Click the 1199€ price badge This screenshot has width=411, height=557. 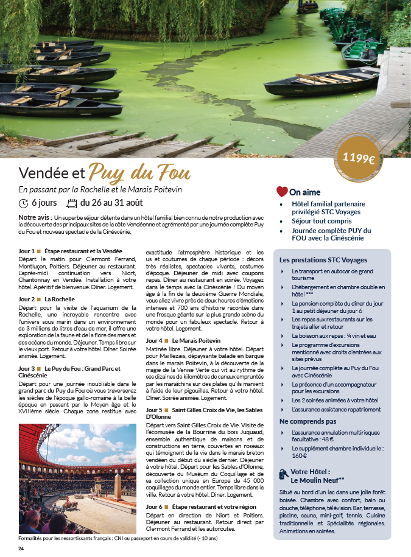coord(359,159)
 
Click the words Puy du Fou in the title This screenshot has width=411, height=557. coord(139,172)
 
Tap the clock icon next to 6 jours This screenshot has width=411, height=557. coord(24,203)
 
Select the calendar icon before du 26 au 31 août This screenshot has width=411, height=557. coord(71,203)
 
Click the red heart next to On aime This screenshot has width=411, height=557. coord(282,192)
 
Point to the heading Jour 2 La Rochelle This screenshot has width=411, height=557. coord(47,300)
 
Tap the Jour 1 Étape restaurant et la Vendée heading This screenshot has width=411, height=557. coord(70,251)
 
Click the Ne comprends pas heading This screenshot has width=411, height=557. coord(308,421)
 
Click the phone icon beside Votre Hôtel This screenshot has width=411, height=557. coord(283,474)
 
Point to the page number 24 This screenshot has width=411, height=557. coord(21,549)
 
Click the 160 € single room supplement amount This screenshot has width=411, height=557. coord(299,455)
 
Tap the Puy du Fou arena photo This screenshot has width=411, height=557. coord(78,478)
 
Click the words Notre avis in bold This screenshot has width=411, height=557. coord(34,217)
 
